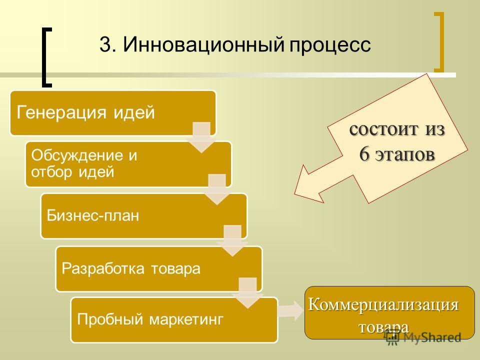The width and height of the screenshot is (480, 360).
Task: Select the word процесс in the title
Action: pos(330,46)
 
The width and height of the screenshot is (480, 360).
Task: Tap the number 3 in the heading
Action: pos(105,44)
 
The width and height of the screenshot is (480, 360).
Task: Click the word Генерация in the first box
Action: pos(61,112)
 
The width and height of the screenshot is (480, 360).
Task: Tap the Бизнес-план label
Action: pos(93,215)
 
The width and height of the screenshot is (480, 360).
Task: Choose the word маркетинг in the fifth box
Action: pos(186,319)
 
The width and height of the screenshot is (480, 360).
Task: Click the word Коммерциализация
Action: pos(383,305)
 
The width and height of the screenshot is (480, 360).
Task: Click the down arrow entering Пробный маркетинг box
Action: pos(247,293)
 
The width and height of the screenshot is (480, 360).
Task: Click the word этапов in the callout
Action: pos(404,154)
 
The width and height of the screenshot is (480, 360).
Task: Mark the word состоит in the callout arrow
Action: pos(383,129)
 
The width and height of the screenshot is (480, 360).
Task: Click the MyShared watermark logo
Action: pos(422,337)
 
